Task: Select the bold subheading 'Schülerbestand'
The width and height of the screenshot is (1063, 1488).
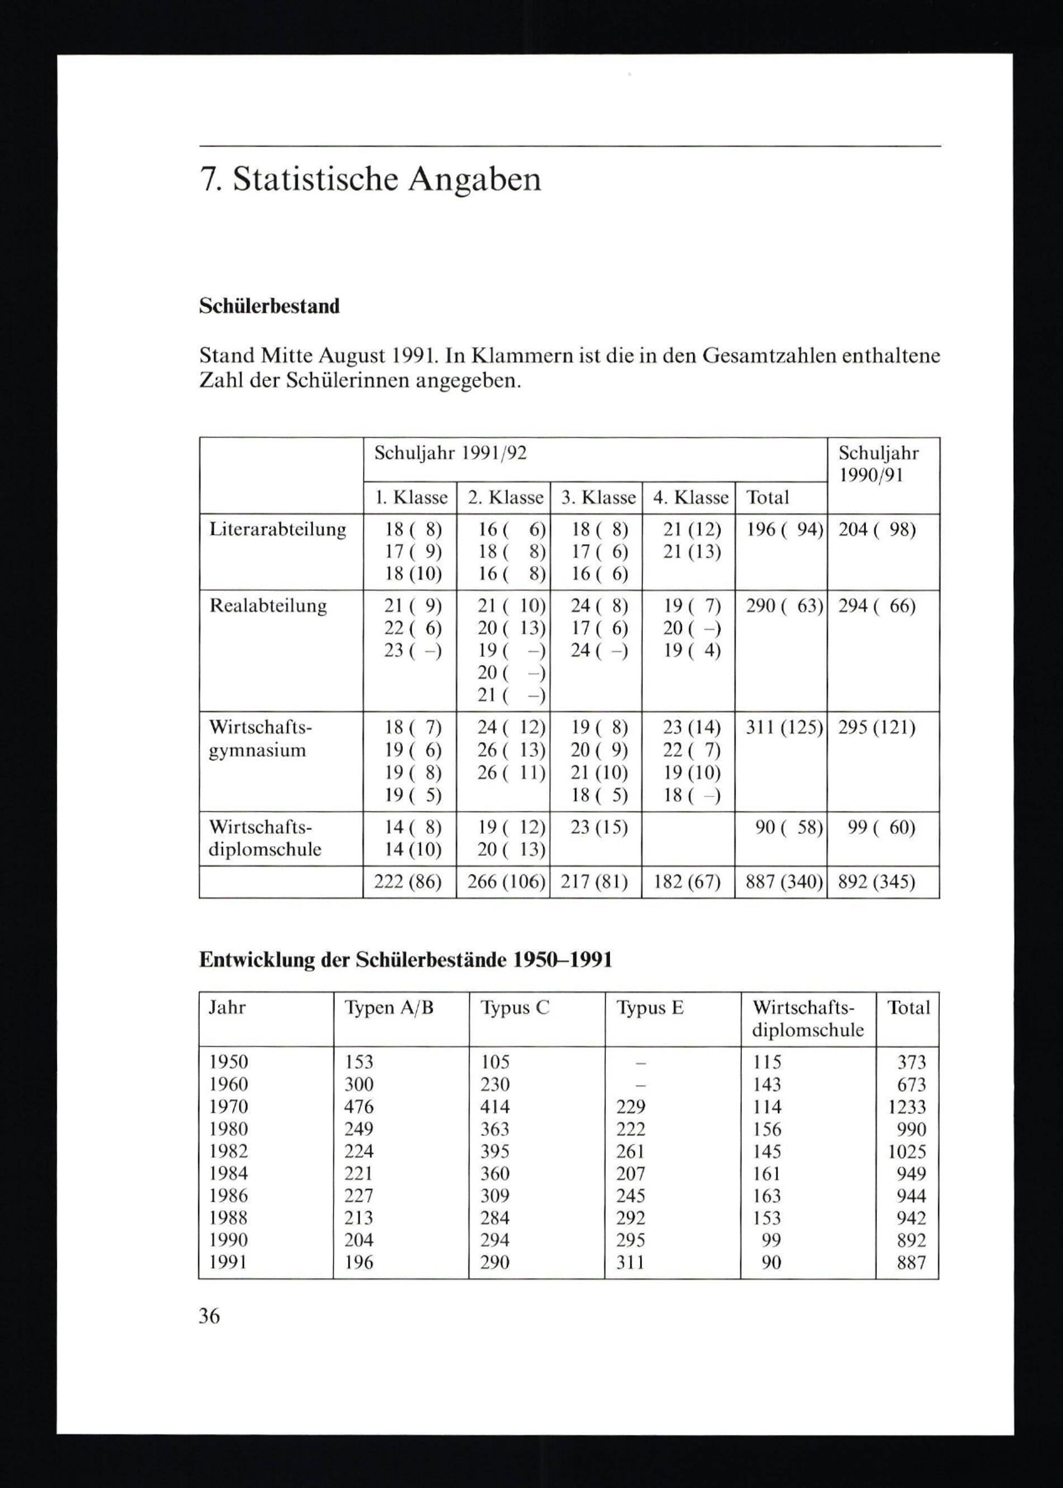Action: coord(269,306)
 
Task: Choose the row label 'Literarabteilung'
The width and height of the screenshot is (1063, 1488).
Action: coord(277,529)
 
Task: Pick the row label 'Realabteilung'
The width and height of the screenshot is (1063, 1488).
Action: coord(268,606)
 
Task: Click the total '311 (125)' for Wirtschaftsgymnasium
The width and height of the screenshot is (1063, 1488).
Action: coord(783,728)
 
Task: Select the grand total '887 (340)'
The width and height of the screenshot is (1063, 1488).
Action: coord(783,883)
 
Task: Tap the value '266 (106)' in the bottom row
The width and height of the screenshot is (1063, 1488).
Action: coord(506,883)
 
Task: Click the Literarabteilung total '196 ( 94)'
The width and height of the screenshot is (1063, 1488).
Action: coord(783,529)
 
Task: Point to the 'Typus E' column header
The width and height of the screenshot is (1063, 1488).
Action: coord(650,1008)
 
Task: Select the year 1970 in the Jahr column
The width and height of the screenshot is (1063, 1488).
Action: coord(229,1106)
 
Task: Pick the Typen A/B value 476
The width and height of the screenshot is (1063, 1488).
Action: coord(359,1106)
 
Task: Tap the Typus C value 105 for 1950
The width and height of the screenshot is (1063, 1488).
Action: coord(495,1062)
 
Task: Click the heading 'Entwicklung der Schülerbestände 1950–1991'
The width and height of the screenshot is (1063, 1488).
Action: coord(406,960)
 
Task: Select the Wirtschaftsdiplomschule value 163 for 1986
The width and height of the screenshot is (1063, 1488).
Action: coord(766,1196)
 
